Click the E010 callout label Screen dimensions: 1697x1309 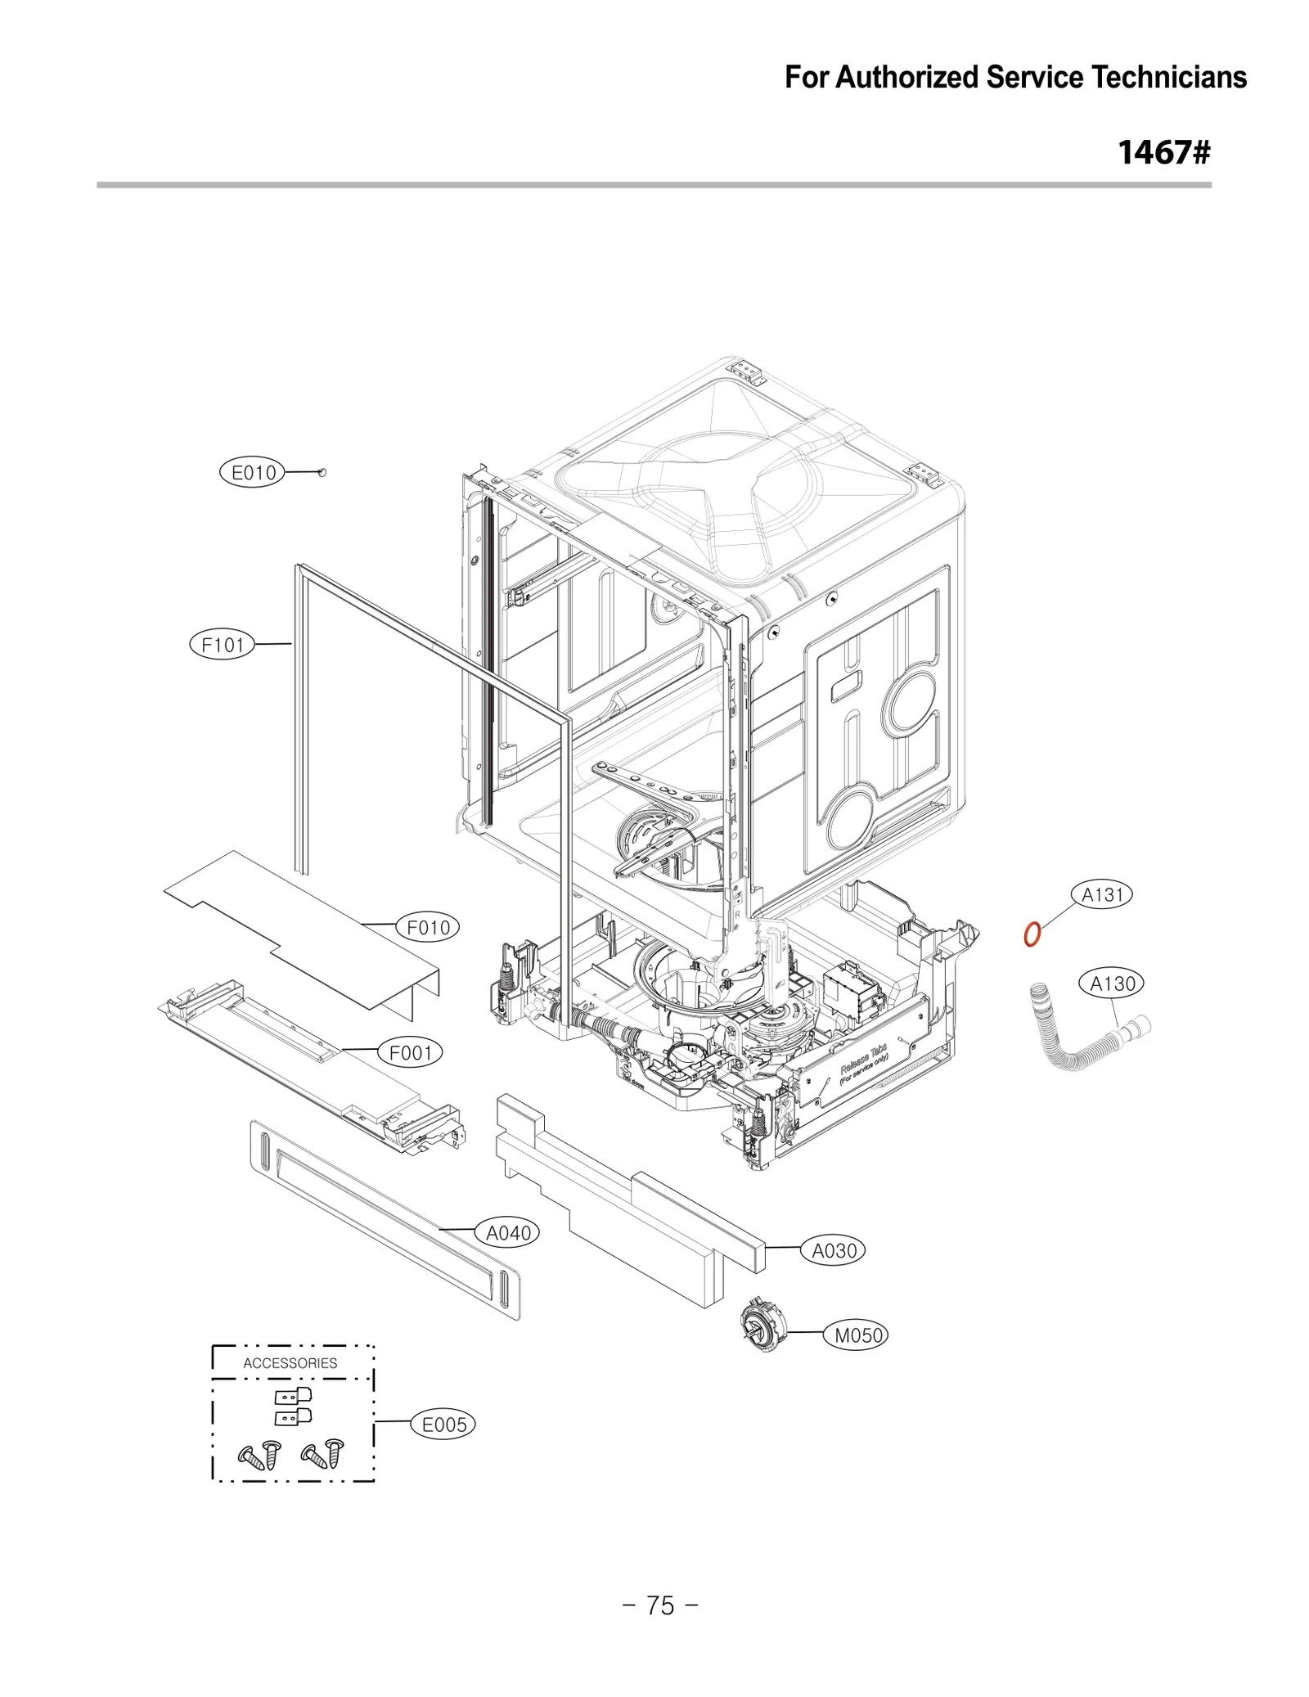(x=253, y=472)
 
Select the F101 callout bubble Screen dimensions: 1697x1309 (x=223, y=645)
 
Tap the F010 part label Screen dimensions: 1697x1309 (x=428, y=927)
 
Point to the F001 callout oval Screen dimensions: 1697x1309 (x=410, y=1052)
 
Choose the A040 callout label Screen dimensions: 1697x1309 (x=508, y=1232)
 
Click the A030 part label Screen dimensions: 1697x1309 (x=833, y=1250)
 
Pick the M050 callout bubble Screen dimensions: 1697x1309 (x=857, y=1335)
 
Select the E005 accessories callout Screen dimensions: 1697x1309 (x=443, y=1425)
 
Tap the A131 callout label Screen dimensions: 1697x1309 (x=1102, y=895)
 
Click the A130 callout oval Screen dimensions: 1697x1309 (x=1112, y=983)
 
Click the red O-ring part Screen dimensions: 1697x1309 (x=1032, y=934)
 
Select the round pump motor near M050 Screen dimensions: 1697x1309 (x=762, y=1323)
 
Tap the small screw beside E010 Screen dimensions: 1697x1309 (x=322, y=472)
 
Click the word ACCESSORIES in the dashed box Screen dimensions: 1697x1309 (x=290, y=1363)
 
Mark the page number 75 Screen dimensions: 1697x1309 (x=660, y=1605)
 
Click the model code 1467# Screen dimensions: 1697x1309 (x=1163, y=152)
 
